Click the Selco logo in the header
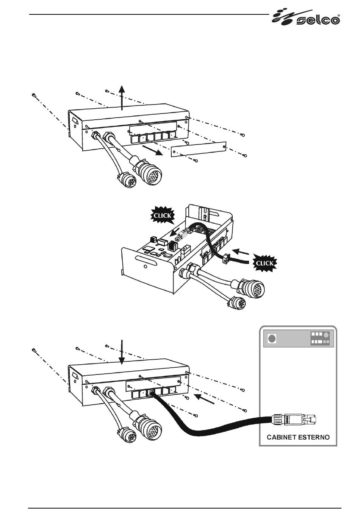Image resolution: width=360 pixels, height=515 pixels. pos(306,17)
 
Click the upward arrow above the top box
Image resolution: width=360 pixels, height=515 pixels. pos(122,98)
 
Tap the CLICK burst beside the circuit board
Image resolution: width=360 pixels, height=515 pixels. pos(163,215)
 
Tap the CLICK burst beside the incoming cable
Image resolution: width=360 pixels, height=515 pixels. pos(265,263)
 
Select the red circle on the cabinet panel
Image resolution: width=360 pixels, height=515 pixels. pos(272,339)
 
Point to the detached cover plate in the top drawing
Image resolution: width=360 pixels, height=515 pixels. pos(199,150)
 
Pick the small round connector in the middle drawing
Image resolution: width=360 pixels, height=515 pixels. pos(237,303)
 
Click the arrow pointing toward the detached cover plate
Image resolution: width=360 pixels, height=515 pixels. pos(153,150)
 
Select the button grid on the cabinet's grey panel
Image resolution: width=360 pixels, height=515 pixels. pos(320,338)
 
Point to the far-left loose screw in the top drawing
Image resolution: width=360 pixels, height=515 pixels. pos(34,95)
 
